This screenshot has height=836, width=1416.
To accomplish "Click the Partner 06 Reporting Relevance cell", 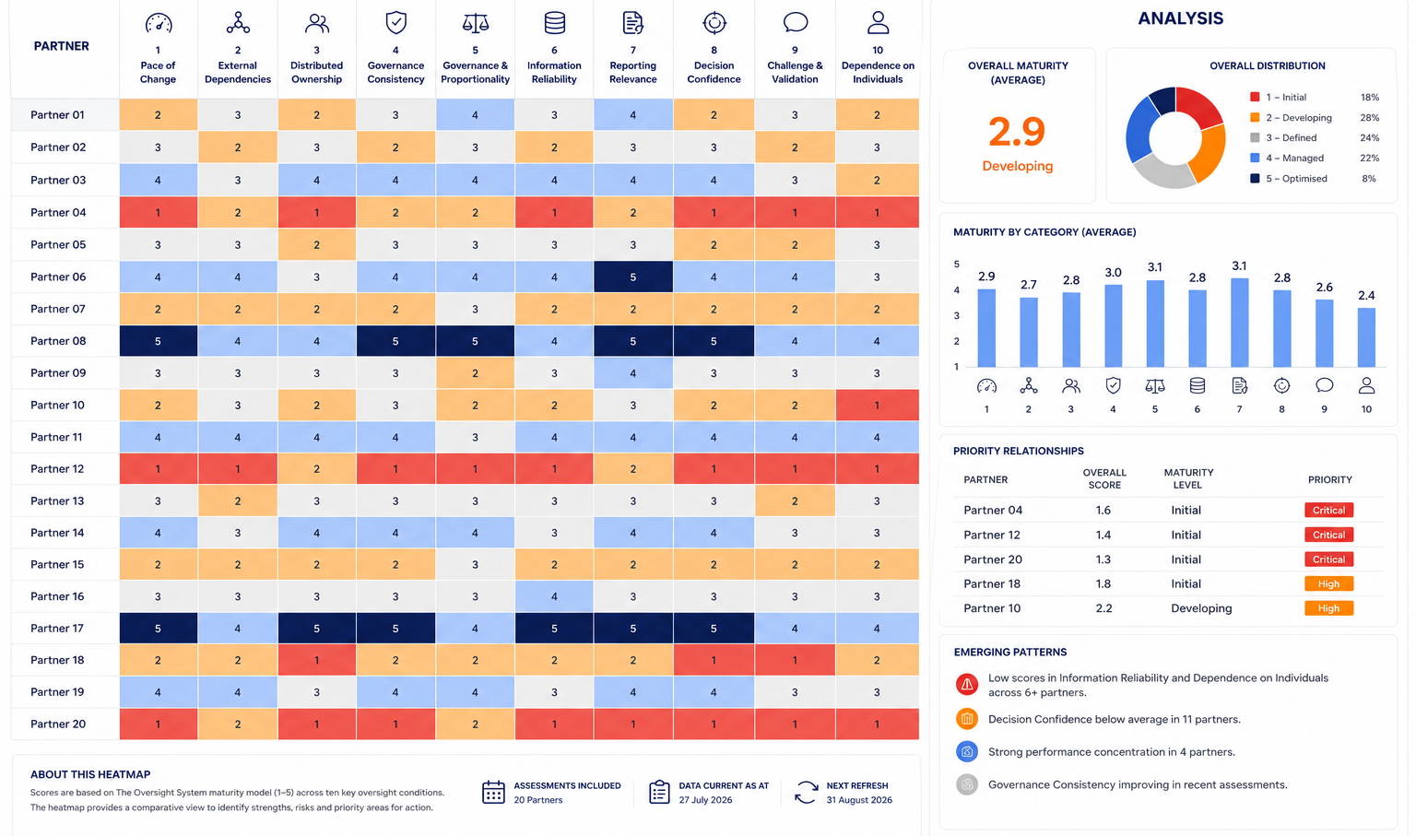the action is [632, 277].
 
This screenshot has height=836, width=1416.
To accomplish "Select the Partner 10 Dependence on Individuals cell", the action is [877, 405].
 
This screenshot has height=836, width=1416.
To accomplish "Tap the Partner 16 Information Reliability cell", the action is [554, 596].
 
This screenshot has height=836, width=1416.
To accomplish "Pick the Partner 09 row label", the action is [58, 372].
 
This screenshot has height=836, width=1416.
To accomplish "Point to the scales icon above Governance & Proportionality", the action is [476, 23].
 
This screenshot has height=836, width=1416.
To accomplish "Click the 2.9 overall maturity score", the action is [1017, 132].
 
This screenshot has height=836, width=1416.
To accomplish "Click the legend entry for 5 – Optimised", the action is [1289, 178].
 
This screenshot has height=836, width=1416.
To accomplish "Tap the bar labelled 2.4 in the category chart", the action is [1366, 337].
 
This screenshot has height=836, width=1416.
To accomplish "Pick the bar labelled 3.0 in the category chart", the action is [1114, 326].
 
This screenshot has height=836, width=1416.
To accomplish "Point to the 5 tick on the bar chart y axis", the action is [956, 265].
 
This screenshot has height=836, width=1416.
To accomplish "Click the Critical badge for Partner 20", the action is [1328, 559].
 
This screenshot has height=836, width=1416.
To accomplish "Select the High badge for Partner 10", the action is [1328, 608].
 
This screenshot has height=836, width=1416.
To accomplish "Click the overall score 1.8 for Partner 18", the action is [1103, 583].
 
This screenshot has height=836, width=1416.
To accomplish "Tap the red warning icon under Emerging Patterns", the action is [966, 684].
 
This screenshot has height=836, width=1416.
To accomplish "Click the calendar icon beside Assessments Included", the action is [493, 792].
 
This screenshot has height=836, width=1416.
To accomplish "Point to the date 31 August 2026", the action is [859, 800].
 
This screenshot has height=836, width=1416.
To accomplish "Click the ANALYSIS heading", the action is [1180, 18].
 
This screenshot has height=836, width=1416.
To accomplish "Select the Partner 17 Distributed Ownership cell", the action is [317, 628].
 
